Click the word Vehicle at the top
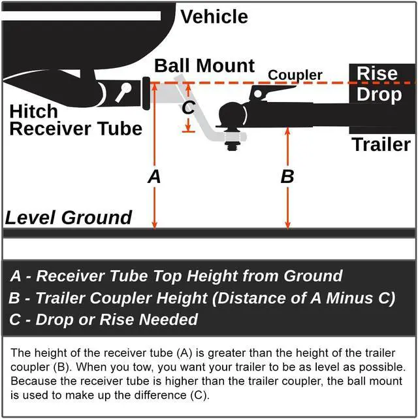click(x=214, y=16)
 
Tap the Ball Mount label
click(x=204, y=66)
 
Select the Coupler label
click(x=295, y=75)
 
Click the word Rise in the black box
click(x=378, y=73)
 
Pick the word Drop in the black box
click(x=378, y=95)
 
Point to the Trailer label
click(x=381, y=144)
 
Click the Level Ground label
click(x=69, y=218)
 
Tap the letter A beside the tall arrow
click(x=155, y=176)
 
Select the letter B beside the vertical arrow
click(x=287, y=176)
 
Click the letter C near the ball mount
click(x=188, y=108)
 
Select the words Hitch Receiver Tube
click(x=75, y=120)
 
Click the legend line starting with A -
click(x=176, y=276)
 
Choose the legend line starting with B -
click(x=202, y=298)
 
